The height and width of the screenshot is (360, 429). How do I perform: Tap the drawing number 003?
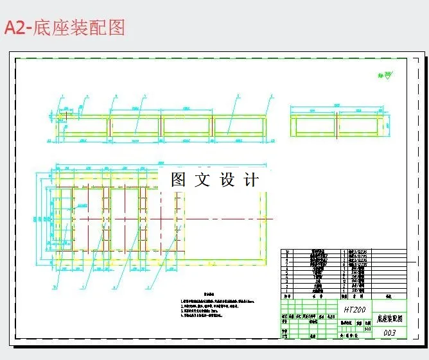click(x=389, y=333)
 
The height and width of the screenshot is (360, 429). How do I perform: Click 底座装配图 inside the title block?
click(x=390, y=318)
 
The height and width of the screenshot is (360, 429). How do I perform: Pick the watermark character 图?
click(x=179, y=180)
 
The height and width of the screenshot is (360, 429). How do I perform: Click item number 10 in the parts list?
click(x=287, y=252)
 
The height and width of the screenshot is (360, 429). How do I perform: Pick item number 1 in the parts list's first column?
click(x=287, y=290)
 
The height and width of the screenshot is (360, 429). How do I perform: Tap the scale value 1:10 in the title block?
click(x=367, y=329)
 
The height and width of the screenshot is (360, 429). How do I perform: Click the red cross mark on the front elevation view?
click(x=65, y=116)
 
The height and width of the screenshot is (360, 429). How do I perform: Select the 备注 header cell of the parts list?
click(x=388, y=296)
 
